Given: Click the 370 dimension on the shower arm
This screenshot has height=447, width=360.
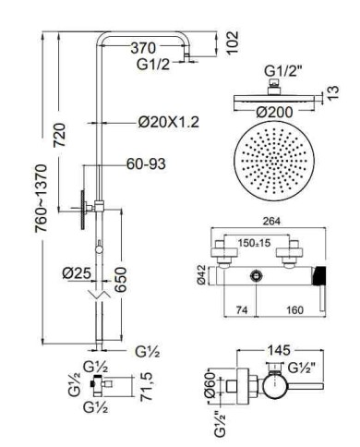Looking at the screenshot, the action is pos(143,48).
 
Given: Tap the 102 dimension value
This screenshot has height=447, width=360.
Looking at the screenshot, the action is pos(232,42).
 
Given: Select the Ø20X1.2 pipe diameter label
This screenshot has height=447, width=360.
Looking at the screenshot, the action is pos(169,122).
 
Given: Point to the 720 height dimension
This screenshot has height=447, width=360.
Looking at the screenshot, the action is pos(59,135).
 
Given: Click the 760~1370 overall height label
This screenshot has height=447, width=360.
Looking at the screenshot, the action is pos(42,199).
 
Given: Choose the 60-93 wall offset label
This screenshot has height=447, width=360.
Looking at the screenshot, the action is pos(146,163).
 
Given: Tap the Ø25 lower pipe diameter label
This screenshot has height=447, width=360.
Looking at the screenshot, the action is pos(77,273).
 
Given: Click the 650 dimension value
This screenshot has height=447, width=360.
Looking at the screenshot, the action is pos(120,279).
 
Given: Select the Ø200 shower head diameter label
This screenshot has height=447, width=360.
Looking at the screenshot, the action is pos(274,112).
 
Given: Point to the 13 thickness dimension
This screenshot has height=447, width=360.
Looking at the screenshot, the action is pos(332,92).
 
